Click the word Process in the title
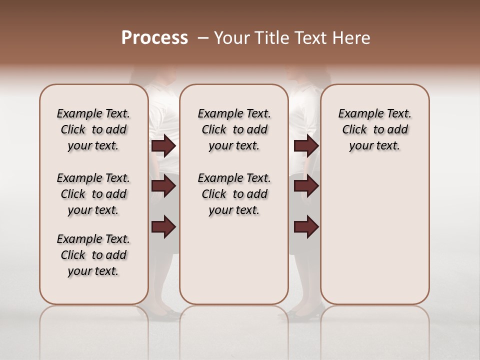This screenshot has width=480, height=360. [154, 38]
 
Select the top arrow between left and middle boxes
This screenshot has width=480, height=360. [163, 146]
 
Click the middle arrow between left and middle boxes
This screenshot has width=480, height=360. [163, 186]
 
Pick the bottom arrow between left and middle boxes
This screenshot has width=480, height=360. [163, 227]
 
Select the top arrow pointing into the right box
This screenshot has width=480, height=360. [306, 146]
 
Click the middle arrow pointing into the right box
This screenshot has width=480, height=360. [306, 186]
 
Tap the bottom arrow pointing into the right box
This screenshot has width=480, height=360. [306, 227]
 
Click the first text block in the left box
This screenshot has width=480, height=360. [93, 129]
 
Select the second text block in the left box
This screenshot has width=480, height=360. [93, 194]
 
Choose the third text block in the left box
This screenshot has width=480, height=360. [93, 255]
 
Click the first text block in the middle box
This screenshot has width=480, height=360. [234, 129]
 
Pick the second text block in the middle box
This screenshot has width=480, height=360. [234, 194]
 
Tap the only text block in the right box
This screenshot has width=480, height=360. [374, 129]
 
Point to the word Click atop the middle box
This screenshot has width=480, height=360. [214, 130]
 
